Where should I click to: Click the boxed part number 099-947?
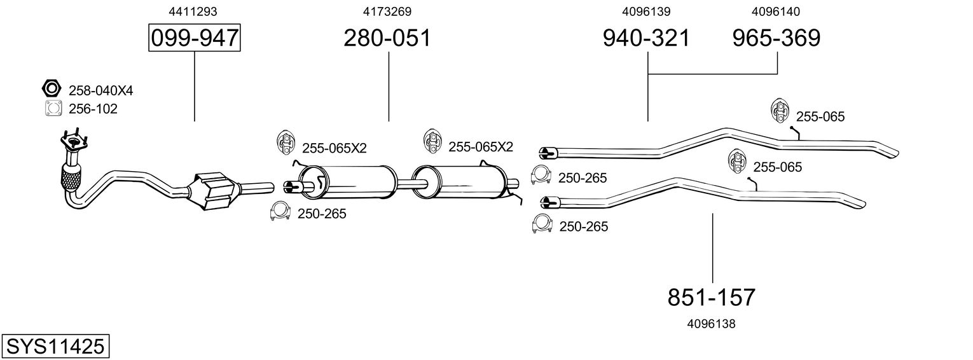point(195,39)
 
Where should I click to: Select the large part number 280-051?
point(387,38)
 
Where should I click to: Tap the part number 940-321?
point(646,38)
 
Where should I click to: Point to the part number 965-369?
point(776,38)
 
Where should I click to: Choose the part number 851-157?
point(712,297)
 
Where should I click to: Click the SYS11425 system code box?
point(55,347)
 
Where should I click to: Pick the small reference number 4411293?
point(194,11)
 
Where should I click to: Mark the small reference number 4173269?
point(387,11)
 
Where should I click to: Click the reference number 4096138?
point(711,324)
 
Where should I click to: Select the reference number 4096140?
point(776,11)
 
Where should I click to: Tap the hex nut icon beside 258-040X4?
point(51,89)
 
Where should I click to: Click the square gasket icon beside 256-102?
point(53,109)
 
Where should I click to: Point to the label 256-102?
point(93,109)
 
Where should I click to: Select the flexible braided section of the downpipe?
point(71,177)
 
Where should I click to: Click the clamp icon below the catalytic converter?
point(280,212)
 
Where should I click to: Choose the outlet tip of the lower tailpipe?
point(858,204)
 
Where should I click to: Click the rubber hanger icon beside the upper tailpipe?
point(780,111)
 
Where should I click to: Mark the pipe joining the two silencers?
point(404,184)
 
